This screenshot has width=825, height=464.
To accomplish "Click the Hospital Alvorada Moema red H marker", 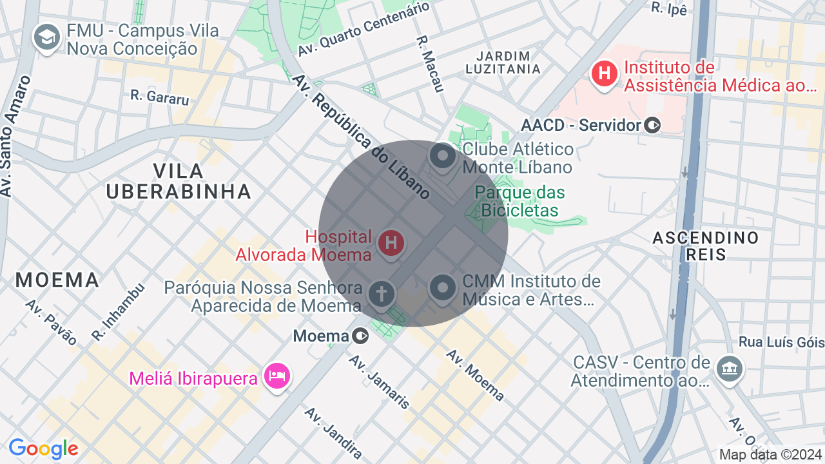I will (391, 244).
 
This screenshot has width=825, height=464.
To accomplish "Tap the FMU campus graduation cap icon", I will (46, 37).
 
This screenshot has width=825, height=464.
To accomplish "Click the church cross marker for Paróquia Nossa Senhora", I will (381, 294).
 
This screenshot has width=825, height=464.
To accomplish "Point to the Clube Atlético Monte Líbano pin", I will (443, 156).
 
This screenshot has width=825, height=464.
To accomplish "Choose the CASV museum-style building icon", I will (730, 369).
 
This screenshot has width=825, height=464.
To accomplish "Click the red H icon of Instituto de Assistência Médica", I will (605, 73).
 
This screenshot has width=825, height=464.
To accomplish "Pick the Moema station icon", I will (360, 336).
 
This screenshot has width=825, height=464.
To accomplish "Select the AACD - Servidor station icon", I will (653, 125).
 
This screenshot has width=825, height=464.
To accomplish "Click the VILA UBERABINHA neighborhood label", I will (179, 181).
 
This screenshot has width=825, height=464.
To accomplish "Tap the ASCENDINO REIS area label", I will (706, 246).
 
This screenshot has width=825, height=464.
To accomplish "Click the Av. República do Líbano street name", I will (360, 137).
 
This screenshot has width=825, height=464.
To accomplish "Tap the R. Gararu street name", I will (160, 97).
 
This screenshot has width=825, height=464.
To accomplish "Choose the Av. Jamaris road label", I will (380, 382).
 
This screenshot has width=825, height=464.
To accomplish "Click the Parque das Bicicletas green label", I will (520, 201).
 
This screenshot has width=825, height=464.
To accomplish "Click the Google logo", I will (43, 449).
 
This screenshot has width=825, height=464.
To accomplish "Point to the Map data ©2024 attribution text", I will (770, 454).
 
